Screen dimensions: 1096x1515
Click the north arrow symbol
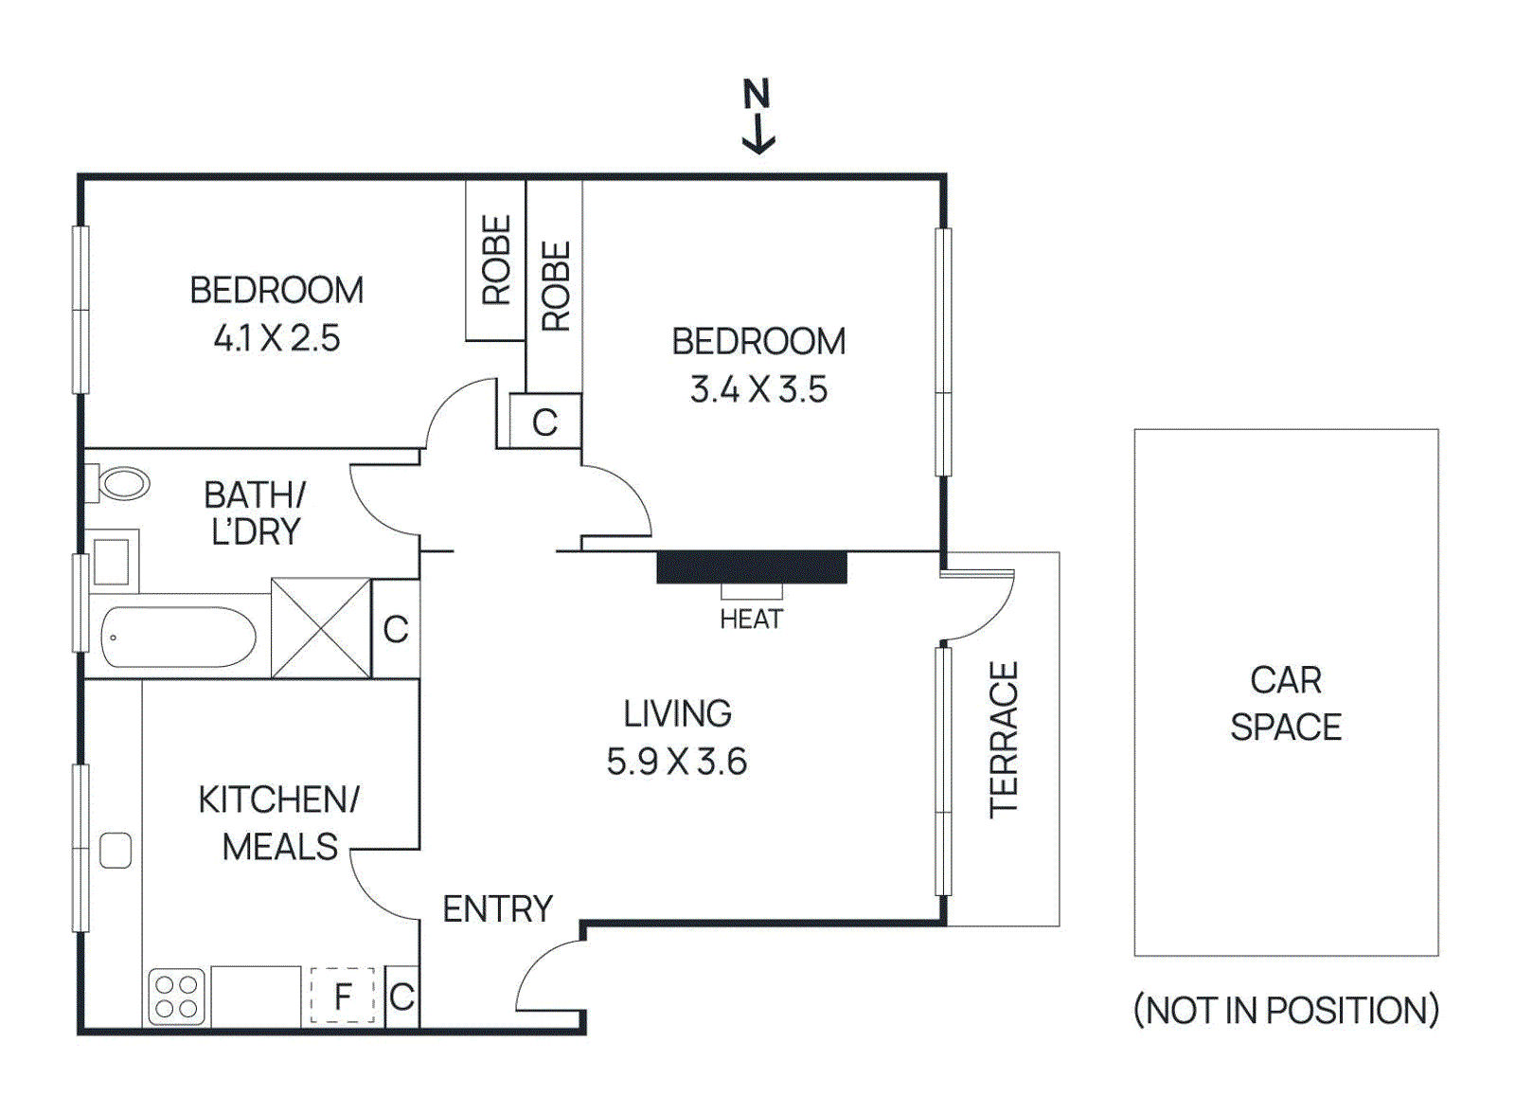point(757,117)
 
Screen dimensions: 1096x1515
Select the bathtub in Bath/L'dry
point(178,637)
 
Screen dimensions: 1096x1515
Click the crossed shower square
point(321,628)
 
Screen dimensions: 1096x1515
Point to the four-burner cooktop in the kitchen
point(177,997)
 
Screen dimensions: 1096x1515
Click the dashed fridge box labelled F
point(342,996)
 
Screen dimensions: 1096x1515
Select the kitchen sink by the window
point(116,850)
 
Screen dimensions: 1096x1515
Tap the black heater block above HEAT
point(751,567)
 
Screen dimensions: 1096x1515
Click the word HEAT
point(751,620)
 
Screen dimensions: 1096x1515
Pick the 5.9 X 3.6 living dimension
point(676,762)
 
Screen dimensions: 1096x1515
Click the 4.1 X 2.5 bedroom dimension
point(276,338)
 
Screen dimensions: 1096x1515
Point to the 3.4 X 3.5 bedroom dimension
point(758,389)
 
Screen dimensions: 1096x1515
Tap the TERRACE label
point(1004,739)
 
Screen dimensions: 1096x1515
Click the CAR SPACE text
point(1285,703)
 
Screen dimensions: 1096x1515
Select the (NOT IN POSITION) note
point(1285,1011)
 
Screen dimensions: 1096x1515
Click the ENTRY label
point(497,909)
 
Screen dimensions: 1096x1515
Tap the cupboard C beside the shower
point(396,629)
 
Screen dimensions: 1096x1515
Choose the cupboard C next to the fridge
point(401,997)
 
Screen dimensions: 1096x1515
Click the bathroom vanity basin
point(112,563)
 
